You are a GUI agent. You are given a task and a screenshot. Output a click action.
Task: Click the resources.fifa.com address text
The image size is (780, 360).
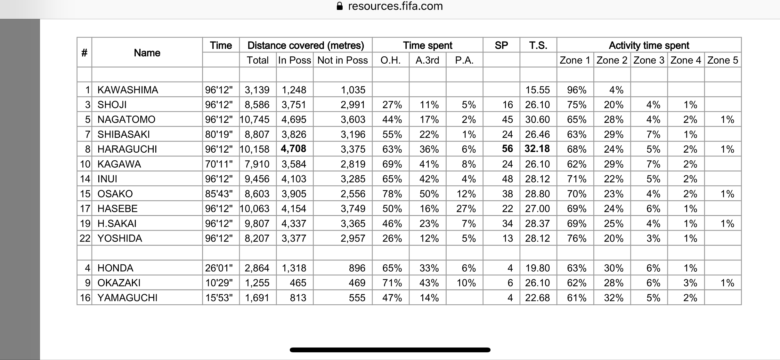[x=395, y=6]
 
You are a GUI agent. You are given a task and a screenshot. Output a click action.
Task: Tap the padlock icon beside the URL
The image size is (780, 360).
[x=340, y=6]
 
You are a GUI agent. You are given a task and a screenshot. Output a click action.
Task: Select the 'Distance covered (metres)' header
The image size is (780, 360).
[x=305, y=45]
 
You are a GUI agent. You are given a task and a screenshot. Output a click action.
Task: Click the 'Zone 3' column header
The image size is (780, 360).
[x=649, y=60]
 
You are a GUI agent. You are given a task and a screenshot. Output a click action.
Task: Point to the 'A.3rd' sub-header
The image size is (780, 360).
[x=427, y=60]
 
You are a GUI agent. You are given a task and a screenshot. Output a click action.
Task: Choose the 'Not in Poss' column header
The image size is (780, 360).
[x=342, y=60]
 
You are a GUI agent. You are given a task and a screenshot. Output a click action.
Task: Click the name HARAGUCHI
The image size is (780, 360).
[x=127, y=149]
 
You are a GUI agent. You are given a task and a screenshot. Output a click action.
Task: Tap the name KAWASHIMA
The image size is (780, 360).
[x=127, y=90]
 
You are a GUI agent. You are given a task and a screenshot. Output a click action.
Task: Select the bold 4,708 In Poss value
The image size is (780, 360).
[x=293, y=149]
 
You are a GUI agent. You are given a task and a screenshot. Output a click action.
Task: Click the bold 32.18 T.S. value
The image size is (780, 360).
[x=537, y=149]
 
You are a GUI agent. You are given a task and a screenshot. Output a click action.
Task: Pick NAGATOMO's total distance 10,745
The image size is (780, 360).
[x=255, y=119]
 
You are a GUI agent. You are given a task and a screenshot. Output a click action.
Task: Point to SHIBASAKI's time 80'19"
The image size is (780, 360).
[x=219, y=134]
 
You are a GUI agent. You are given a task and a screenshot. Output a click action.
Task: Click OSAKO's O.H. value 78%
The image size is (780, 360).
[x=392, y=194]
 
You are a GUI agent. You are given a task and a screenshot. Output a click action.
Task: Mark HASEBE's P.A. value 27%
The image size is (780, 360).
[x=466, y=209]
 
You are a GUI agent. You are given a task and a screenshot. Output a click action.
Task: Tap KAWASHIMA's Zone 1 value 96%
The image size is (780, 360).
[x=576, y=90]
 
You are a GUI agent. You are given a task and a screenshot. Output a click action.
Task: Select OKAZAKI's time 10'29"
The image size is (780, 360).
[x=219, y=283]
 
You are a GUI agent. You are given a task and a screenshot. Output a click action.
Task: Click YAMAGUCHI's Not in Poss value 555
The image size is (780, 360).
[x=357, y=298]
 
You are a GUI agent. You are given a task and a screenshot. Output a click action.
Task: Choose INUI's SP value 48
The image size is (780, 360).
[x=507, y=179]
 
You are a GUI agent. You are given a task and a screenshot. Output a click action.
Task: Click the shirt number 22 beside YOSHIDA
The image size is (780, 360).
[x=85, y=238]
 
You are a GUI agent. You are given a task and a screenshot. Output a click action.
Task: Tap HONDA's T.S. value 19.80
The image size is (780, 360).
[x=537, y=268]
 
